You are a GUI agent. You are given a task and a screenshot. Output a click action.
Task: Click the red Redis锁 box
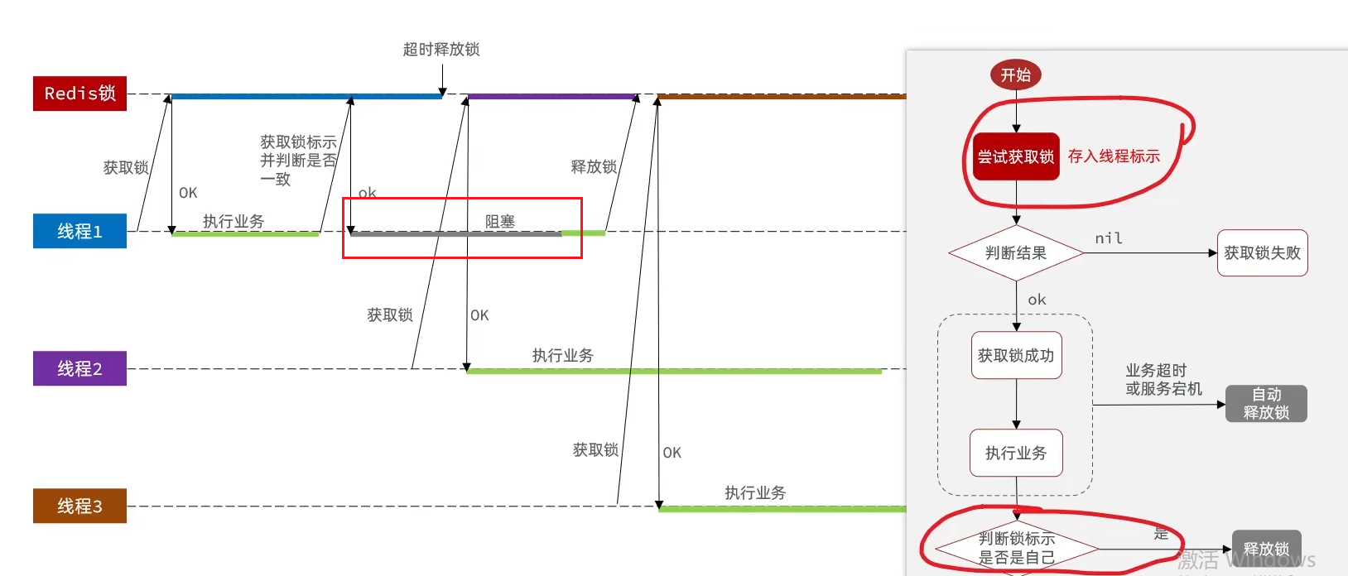click(x=79, y=94)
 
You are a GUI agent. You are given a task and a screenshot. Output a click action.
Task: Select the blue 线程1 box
click(x=79, y=231)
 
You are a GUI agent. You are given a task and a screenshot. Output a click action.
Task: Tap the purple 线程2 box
click(x=79, y=368)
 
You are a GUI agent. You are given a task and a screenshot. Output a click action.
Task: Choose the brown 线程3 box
click(x=79, y=506)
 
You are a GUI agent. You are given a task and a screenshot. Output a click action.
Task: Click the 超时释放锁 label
click(x=441, y=50)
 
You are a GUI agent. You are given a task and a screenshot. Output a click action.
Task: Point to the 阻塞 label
click(x=500, y=221)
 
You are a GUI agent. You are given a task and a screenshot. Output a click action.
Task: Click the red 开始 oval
click(x=1016, y=75)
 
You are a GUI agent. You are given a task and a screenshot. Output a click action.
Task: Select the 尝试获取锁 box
click(x=1016, y=156)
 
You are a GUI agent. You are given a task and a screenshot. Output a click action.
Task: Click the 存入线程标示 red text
click(x=1114, y=156)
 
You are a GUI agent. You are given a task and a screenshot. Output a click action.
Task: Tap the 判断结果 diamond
click(x=1016, y=253)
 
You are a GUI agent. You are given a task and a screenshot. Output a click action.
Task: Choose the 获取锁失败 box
click(x=1262, y=253)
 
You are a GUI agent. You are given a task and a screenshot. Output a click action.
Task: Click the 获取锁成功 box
click(x=1016, y=356)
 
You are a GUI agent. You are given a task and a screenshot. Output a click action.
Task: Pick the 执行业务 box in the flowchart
click(x=1016, y=453)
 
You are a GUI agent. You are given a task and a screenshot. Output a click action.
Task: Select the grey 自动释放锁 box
click(x=1266, y=404)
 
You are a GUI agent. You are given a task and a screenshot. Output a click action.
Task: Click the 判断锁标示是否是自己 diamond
click(x=1016, y=548)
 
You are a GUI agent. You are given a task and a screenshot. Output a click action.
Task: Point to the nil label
click(x=1109, y=238)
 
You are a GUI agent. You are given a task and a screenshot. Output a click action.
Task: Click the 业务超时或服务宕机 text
click(x=1163, y=380)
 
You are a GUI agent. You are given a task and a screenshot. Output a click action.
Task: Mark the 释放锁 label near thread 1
click(x=594, y=167)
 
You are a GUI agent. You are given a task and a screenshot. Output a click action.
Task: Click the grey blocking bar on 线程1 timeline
click(x=455, y=234)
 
